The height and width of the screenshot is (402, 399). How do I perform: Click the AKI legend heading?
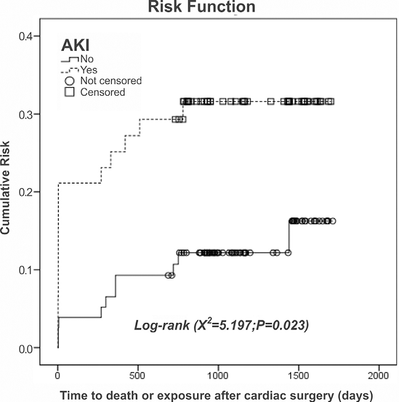[76, 45]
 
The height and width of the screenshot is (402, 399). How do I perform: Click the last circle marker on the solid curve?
[333, 221]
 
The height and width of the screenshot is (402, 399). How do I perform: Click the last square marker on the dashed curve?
[330, 101]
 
